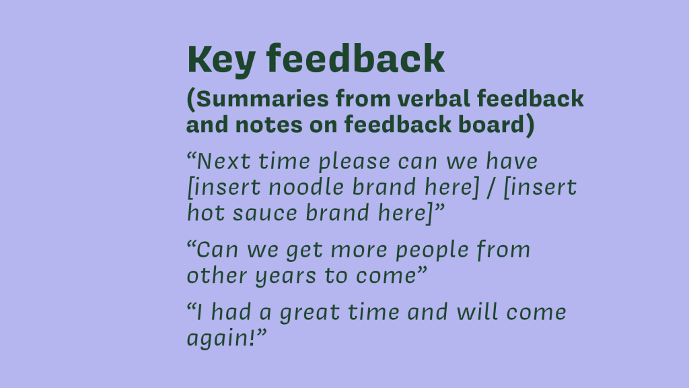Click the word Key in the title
pos(221,60)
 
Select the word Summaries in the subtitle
pos(262,98)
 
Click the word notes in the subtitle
pos(268,125)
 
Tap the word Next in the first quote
pos(223,161)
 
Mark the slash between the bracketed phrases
pos(491,188)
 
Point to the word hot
pos(206,212)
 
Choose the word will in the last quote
pos(477,312)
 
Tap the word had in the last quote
pos(231,312)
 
